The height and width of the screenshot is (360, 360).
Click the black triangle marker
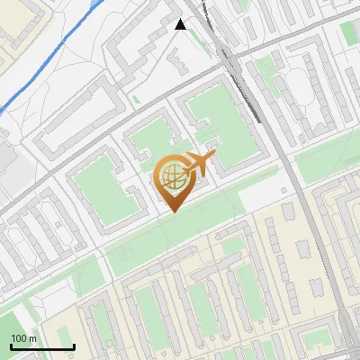point(180,24)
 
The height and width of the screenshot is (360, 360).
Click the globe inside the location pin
point(172,177)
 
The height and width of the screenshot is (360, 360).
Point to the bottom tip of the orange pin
point(173,212)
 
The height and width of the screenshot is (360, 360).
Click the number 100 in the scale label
point(18,338)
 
